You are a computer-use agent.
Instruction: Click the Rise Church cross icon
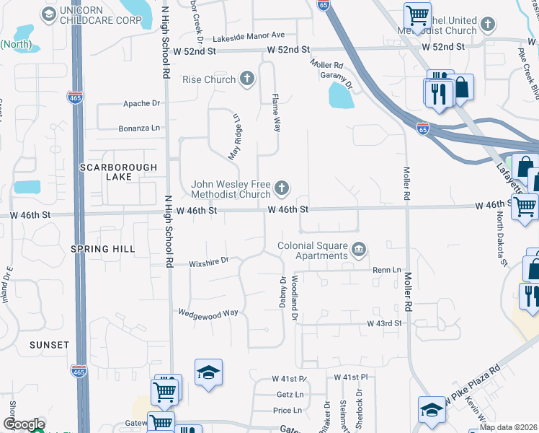click(247, 79)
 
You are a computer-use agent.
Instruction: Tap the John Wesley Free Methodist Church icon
click(282, 188)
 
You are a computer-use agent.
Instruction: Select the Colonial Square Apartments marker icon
click(358, 250)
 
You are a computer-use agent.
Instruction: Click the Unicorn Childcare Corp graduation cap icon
click(48, 14)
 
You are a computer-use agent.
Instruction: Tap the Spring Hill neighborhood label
click(102, 249)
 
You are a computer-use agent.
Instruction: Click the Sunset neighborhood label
click(49, 345)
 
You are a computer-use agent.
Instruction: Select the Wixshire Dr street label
click(209, 261)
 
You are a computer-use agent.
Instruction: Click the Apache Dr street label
click(141, 103)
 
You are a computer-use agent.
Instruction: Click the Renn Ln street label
click(386, 270)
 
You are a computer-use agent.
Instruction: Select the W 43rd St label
click(384, 324)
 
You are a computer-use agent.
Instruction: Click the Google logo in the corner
click(24, 424)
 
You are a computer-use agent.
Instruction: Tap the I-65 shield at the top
click(324, 4)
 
